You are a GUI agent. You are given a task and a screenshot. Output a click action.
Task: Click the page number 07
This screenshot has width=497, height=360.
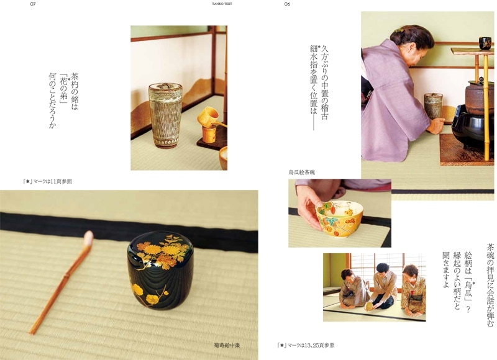tap(33, 4)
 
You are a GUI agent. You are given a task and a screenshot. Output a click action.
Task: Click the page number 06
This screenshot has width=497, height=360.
tap(287, 4)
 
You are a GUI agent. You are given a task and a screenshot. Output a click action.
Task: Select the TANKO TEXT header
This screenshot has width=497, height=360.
tap(222, 4)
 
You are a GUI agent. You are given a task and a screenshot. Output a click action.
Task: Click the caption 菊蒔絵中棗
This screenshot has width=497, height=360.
tap(227, 345)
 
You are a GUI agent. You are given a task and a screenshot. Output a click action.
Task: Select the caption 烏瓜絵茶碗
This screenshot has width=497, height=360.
tap(301, 173)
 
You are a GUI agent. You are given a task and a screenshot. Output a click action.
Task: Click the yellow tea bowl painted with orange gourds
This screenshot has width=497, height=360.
tap(339, 218)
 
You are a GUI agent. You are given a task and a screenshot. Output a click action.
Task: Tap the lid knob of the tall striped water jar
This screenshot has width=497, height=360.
tap(165, 85)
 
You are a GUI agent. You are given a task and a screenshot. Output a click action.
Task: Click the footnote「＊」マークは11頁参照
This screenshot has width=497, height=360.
tap(47, 181)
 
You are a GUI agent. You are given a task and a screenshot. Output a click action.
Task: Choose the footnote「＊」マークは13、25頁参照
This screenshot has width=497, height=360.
tap(306, 345)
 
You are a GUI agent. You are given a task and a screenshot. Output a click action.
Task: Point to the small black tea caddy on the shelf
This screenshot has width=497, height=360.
tap(485, 43)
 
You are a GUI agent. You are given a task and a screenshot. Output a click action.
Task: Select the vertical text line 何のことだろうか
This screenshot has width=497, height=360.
tap(52, 101)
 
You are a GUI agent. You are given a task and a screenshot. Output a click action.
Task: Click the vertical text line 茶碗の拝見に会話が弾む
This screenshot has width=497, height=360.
tap(490, 285)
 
